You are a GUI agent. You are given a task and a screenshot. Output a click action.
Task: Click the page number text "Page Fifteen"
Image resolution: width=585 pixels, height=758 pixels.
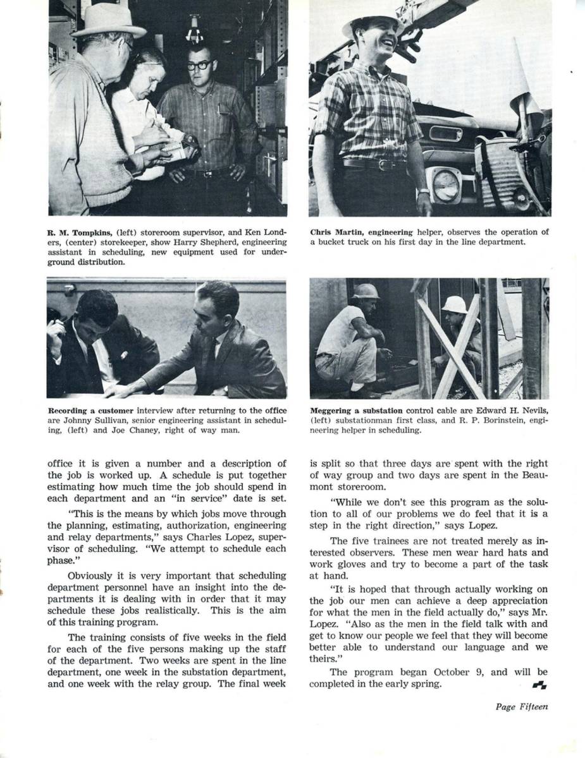tap(521, 707)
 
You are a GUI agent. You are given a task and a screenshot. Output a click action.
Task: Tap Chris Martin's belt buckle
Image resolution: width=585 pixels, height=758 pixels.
tap(383, 165)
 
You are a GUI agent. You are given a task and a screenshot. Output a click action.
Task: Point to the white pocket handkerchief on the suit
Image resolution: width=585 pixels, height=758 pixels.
tap(124, 355)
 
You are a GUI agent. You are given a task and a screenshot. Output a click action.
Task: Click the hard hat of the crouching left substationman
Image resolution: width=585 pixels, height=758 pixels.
tap(366, 291)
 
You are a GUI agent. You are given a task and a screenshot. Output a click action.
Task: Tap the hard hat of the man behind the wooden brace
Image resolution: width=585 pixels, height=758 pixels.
tap(454, 304)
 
